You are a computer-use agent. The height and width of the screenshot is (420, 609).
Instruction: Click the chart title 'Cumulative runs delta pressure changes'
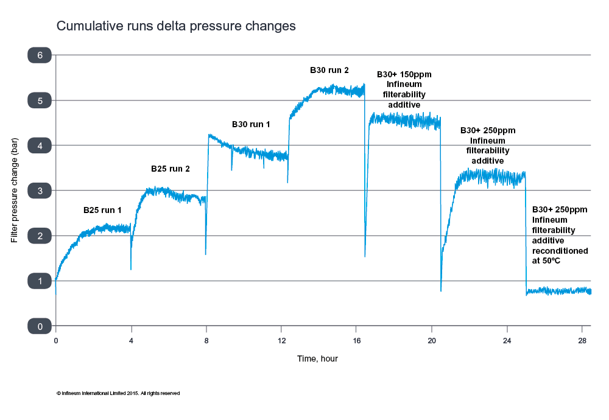tap(176, 26)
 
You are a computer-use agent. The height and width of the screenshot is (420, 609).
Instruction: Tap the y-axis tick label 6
tap(40, 55)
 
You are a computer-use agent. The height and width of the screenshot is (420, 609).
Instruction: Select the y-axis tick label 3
tap(40, 191)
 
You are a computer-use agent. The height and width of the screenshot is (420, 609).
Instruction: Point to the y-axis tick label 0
tap(40, 326)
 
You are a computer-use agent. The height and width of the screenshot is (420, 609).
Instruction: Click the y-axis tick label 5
tap(40, 100)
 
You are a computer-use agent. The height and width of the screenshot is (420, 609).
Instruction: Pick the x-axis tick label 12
tap(281, 341)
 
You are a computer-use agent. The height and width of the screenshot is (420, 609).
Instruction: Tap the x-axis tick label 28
tap(582, 341)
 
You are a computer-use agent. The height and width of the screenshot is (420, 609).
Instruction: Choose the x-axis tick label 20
tap(432, 341)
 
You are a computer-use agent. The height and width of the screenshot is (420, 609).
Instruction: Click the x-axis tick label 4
tap(131, 341)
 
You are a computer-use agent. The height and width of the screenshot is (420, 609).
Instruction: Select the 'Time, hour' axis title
tap(317, 359)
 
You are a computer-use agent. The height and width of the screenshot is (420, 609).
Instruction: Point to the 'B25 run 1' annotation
tap(102, 210)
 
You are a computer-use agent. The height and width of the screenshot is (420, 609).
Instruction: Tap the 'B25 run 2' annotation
tap(170, 169)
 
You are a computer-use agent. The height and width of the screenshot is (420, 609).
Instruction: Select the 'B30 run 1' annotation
tap(251, 124)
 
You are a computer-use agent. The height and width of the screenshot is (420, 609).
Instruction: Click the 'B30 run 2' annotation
tap(329, 71)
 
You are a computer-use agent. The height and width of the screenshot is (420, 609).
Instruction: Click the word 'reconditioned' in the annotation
tap(560, 251)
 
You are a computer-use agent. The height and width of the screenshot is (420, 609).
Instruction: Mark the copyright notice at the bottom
tap(118, 393)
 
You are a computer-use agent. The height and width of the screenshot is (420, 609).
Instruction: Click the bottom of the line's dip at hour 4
tap(131, 269)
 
